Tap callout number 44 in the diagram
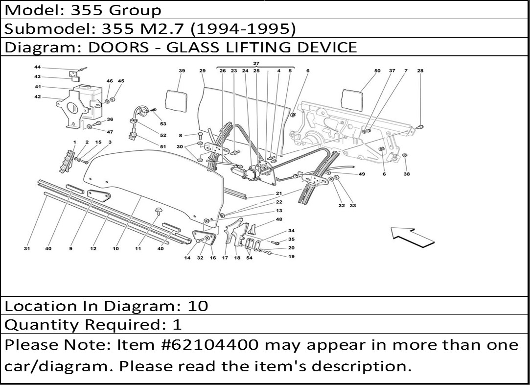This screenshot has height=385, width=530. pyautogui.click(x=38, y=67)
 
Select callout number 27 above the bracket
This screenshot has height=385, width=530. pyautogui.click(x=256, y=64)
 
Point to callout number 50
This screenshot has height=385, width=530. pyautogui.click(x=377, y=71)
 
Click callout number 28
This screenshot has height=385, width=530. pyautogui.click(x=420, y=71)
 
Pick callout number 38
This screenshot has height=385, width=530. pyautogui.click(x=407, y=174)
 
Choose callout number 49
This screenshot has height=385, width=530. pyautogui.click(x=362, y=174)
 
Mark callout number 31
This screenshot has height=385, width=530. pyautogui.click(x=27, y=249)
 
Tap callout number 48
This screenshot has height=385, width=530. pyautogui.click(x=278, y=219)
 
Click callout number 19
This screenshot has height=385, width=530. pyautogui.click(x=291, y=256)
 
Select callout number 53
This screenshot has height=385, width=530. pyautogui.click(x=163, y=124)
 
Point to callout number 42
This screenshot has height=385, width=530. pyautogui.click(x=38, y=96)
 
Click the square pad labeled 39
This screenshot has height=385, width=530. pyautogui.click(x=177, y=101)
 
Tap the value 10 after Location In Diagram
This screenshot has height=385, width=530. pyautogui.click(x=198, y=306)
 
